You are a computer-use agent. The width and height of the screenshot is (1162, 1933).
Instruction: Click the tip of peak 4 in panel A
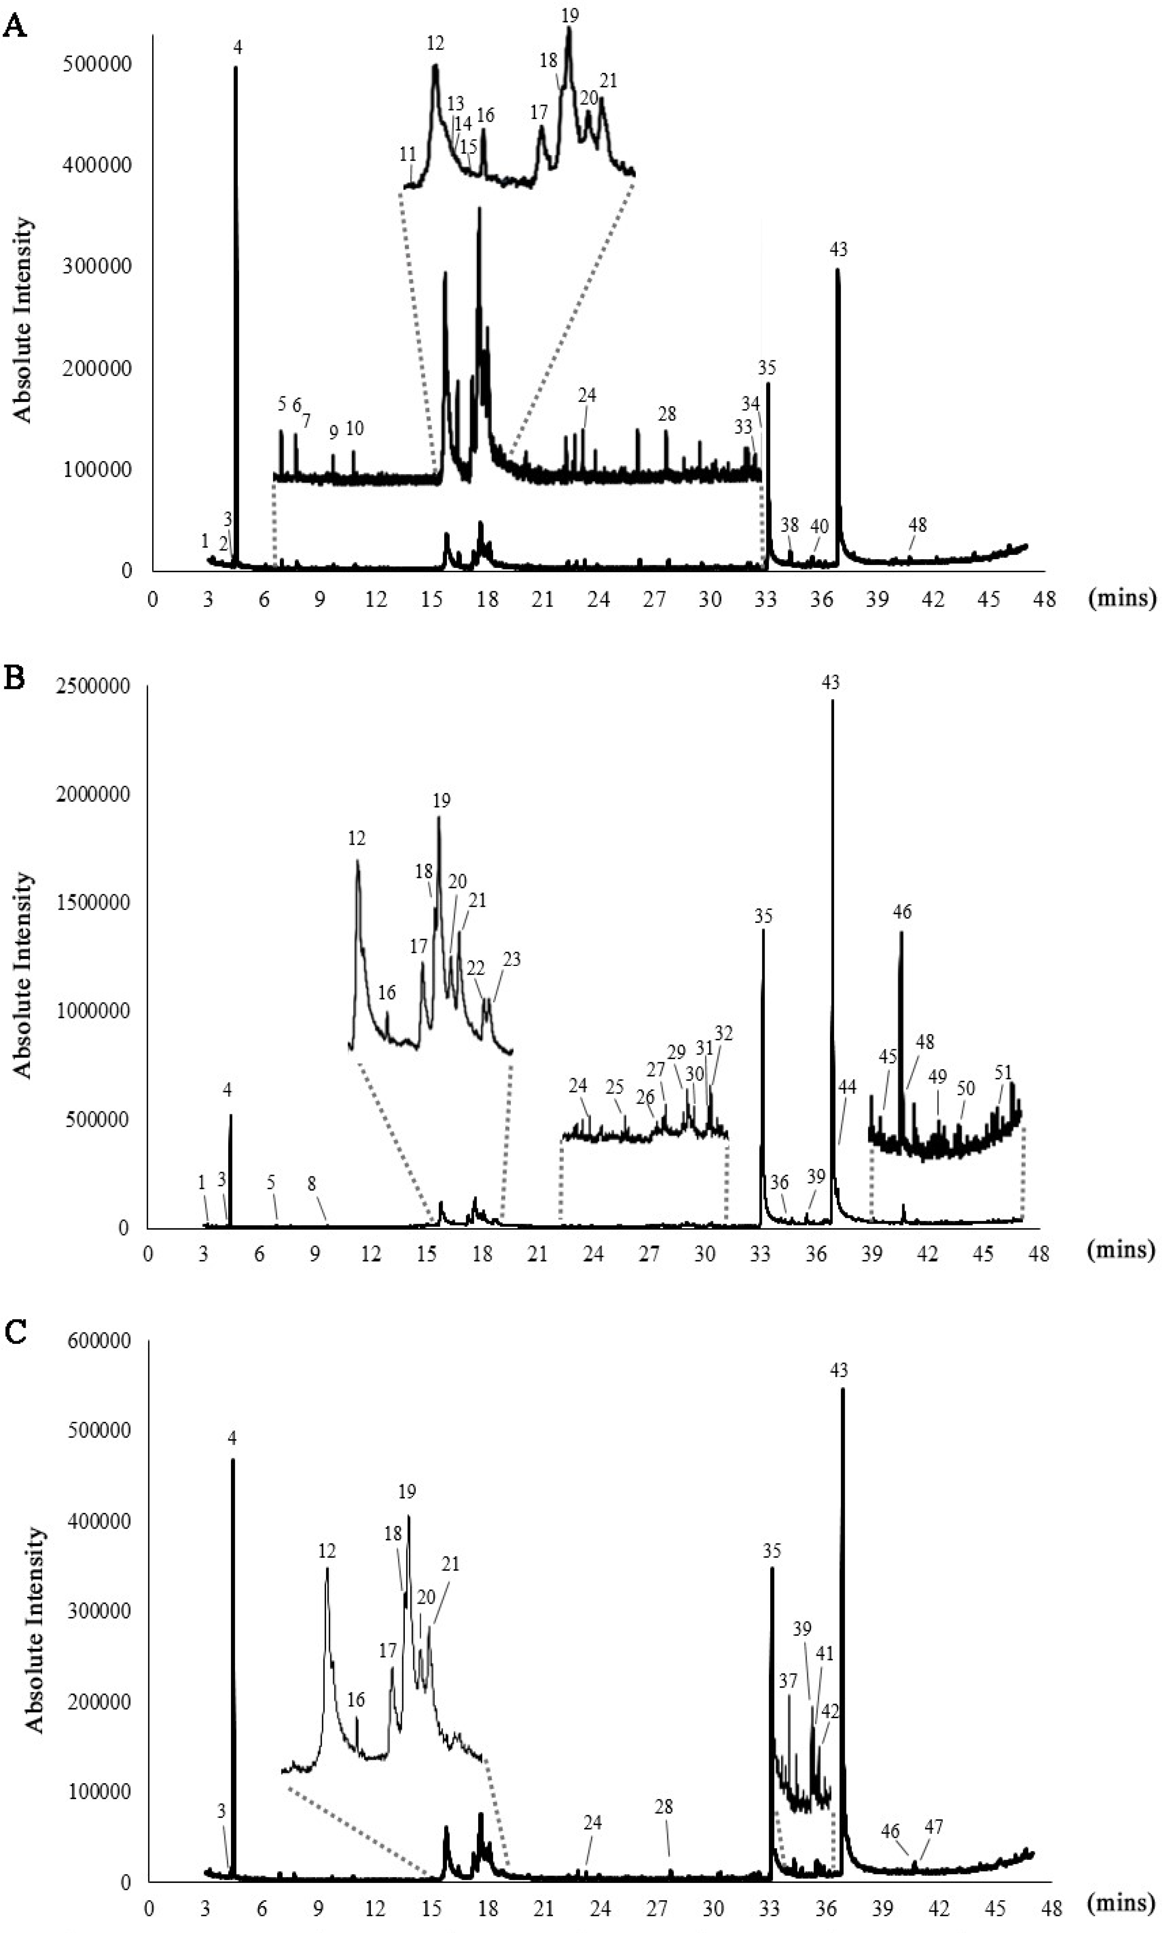236,68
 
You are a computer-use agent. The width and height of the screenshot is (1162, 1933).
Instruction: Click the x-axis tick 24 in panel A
599,600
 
